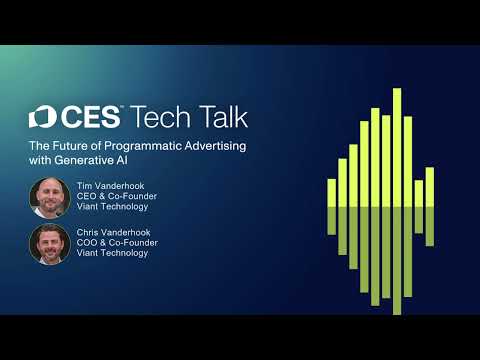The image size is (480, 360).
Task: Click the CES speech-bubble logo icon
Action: click(x=40, y=117)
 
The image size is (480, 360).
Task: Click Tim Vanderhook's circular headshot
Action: click(x=49, y=197)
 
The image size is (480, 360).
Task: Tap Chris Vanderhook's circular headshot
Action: click(x=49, y=243)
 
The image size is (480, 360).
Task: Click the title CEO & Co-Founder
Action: click(x=113, y=197)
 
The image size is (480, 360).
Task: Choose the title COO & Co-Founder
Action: click(x=114, y=243)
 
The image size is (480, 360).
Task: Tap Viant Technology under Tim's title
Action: click(x=111, y=208)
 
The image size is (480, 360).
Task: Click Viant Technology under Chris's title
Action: click(x=111, y=254)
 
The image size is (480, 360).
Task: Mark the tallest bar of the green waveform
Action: click(x=397, y=200)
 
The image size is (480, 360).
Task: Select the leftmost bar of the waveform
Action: click(x=332, y=205)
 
